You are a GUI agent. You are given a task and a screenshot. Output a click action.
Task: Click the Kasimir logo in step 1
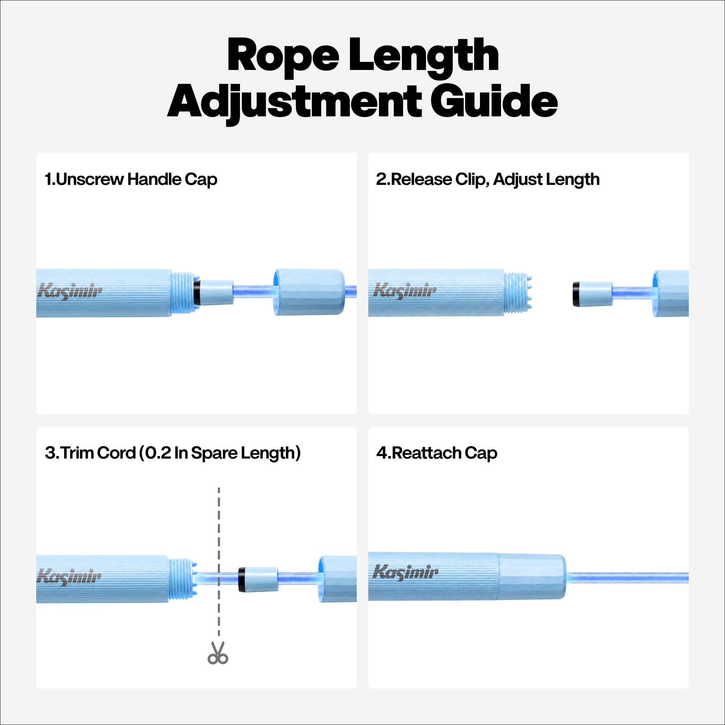[70, 291]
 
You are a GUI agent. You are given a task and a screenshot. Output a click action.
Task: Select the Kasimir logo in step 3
[69, 577]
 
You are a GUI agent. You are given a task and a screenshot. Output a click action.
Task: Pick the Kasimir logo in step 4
[405, 573]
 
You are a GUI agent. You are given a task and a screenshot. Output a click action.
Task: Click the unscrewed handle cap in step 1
[309, 292]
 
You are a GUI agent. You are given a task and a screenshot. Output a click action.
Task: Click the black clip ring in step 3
[242, 580]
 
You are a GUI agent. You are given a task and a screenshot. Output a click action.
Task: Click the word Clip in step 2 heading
[472, 180]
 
